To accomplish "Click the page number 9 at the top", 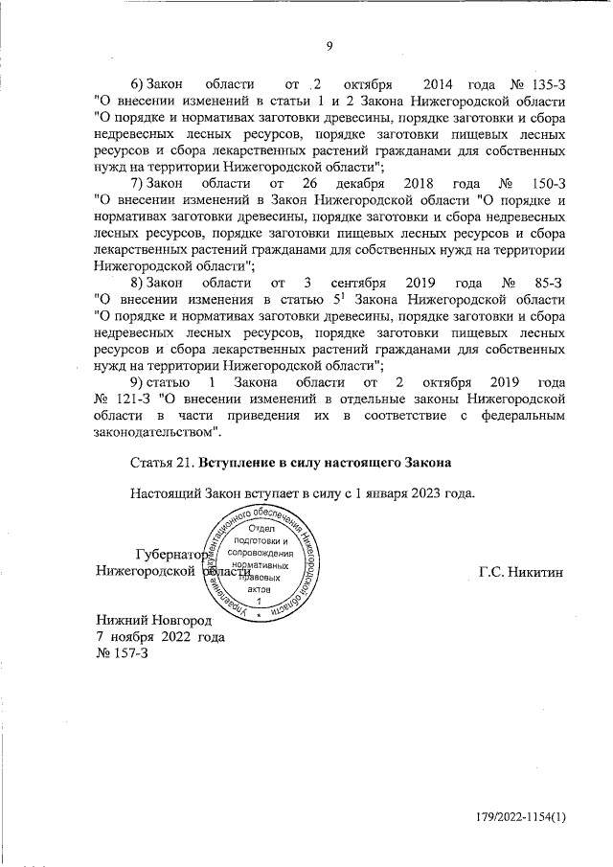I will [329, 46].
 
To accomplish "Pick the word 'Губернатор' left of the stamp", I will [170, 555].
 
